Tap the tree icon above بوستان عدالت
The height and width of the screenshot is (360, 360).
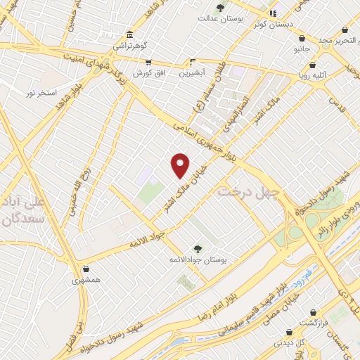coord(220,8)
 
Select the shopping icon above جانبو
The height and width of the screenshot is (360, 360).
coord(302,39)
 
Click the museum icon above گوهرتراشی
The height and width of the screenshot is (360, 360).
coord(129,34)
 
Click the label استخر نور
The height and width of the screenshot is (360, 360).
coord(41,93)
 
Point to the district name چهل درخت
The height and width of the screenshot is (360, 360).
coord(248,191)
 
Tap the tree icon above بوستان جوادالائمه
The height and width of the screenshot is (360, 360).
coord(198,248)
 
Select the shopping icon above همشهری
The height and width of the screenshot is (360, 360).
coord(86,269)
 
